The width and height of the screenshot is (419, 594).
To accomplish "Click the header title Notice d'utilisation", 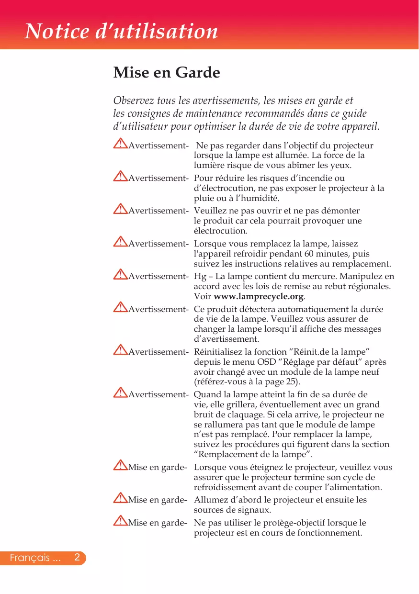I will click(121, 32).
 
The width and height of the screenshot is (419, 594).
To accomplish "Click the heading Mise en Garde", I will click(167, 73).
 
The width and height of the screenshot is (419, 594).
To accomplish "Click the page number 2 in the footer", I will click(77, 558).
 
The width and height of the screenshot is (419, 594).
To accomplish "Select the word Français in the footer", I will click(30, 558).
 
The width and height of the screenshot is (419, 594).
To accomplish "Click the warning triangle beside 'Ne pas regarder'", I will click(120, 144).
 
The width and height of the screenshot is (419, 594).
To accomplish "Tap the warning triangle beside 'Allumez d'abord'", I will click(120, 499).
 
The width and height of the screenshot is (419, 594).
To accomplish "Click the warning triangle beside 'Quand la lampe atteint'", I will click(120, 393).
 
